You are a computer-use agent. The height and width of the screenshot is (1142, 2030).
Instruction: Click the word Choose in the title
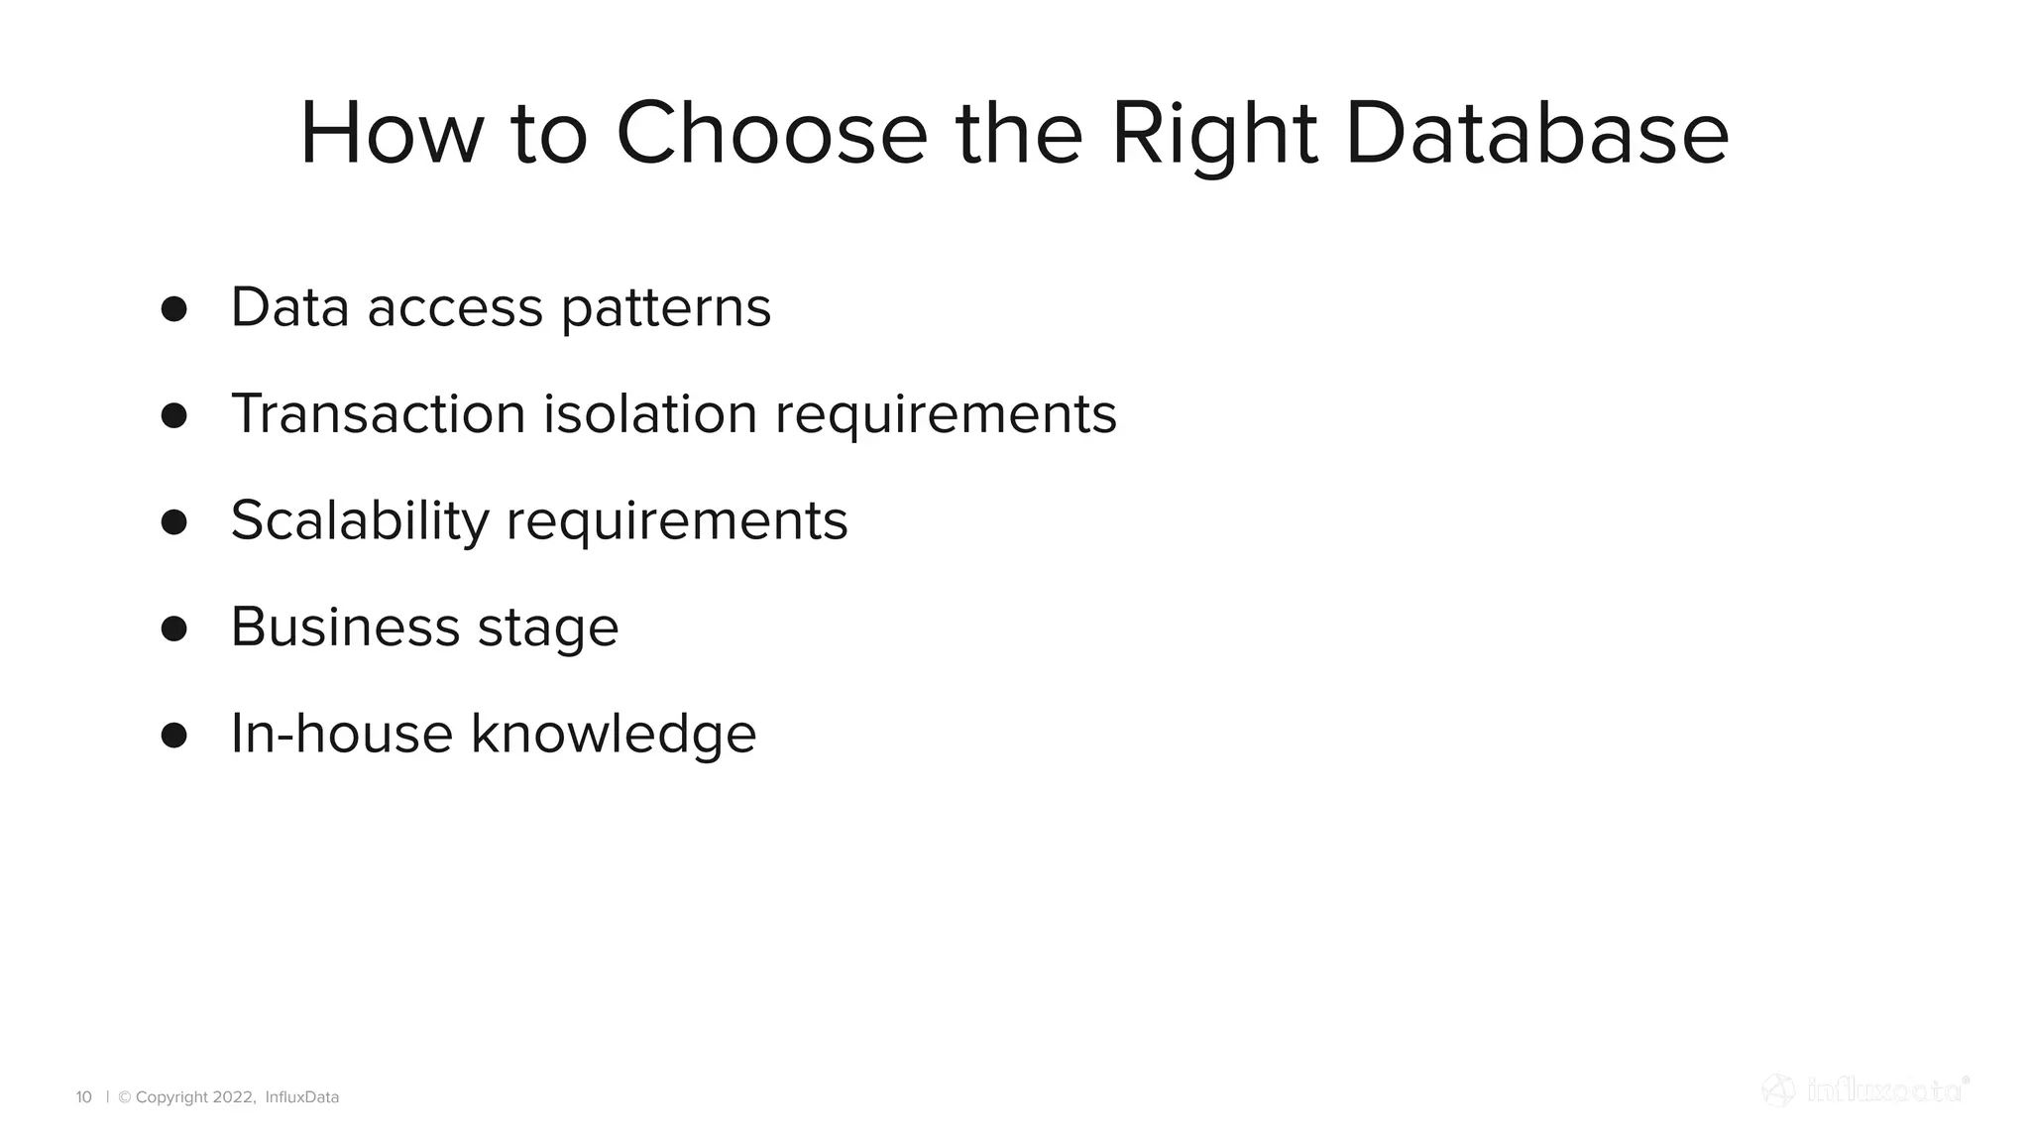pos(771,134)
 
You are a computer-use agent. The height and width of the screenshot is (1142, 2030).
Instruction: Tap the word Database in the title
pos(1536,134)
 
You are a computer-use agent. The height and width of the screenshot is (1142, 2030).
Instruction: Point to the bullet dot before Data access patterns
pos(173,308)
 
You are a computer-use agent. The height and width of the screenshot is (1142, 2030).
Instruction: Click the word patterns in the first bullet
pos(665,308)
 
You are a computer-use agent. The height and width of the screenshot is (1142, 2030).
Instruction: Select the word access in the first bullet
pos(455,308)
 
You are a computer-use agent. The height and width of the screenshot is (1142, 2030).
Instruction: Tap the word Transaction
pos(378,413)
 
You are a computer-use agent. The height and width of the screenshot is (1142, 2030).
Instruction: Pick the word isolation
pos(650,413)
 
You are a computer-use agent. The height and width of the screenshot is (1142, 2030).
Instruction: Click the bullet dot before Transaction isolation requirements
pos(173,415)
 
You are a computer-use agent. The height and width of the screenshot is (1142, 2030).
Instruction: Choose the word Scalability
pos(360,520)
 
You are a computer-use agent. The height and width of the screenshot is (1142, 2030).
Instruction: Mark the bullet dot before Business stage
pos(173,628)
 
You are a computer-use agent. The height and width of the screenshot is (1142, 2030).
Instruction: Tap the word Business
pos(345,628)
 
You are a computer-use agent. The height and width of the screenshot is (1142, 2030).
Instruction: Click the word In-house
pos(341,734)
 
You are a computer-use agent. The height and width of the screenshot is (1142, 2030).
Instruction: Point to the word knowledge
pos(613,735)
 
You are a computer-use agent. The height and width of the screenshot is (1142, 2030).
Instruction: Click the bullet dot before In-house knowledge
pos(173,736)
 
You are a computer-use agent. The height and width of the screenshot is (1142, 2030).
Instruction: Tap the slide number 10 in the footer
pos(83,1097)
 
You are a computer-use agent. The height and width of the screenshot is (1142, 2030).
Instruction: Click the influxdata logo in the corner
pos(1864,1090)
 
